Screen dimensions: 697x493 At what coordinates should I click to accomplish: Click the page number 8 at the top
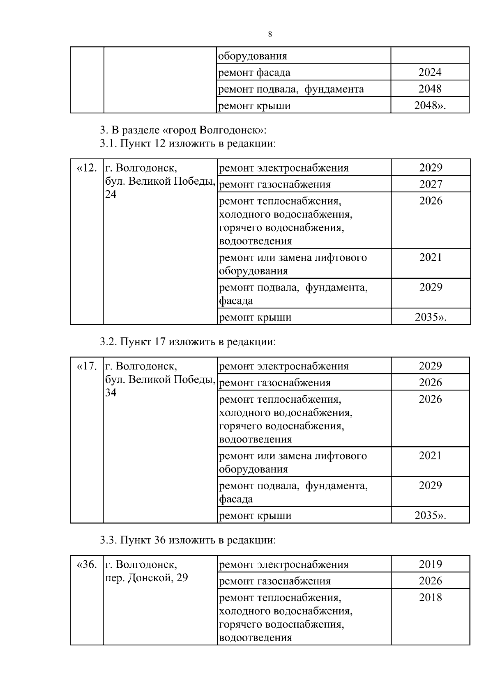[x=270, y=34]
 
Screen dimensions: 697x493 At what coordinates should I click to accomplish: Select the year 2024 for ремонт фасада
[x=430, y=72]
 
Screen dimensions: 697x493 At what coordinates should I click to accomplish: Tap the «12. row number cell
[x=87, y=168]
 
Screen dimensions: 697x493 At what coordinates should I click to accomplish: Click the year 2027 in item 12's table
[x=431, y=184]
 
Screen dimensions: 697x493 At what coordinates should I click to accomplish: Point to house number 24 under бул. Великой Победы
[x=111, y=195]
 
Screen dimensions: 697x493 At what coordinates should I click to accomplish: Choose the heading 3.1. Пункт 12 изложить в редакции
[x=187, y=144]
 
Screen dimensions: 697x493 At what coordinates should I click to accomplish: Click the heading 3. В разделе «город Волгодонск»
[x=183, y=131]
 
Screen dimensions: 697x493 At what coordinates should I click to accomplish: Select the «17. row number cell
[x=87, y=366]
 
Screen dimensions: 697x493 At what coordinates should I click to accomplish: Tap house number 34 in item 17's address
[x=111, y=393]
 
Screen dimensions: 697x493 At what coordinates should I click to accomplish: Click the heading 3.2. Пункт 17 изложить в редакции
[x=187, y=342]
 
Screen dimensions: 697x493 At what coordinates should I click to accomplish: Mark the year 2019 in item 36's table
[x=430, y=564]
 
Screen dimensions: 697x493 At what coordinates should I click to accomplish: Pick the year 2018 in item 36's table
[x=430, y=597]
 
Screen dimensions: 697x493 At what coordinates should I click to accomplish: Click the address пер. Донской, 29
[x=147, y=578]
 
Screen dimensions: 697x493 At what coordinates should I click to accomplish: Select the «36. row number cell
[x=87, y=564]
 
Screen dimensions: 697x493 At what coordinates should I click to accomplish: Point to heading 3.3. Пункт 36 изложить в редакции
[x=187, y=540]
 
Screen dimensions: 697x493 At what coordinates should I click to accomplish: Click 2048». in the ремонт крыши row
[x=430, y=105]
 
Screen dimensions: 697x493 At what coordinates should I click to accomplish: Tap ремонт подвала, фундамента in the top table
[x=291, y=89]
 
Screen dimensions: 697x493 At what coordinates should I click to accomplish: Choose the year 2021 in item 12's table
[x=431, y=257]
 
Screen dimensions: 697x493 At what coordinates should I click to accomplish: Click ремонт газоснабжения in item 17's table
[x=274, y=383]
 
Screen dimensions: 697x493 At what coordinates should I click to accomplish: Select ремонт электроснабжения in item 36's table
[x=283, y=565]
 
